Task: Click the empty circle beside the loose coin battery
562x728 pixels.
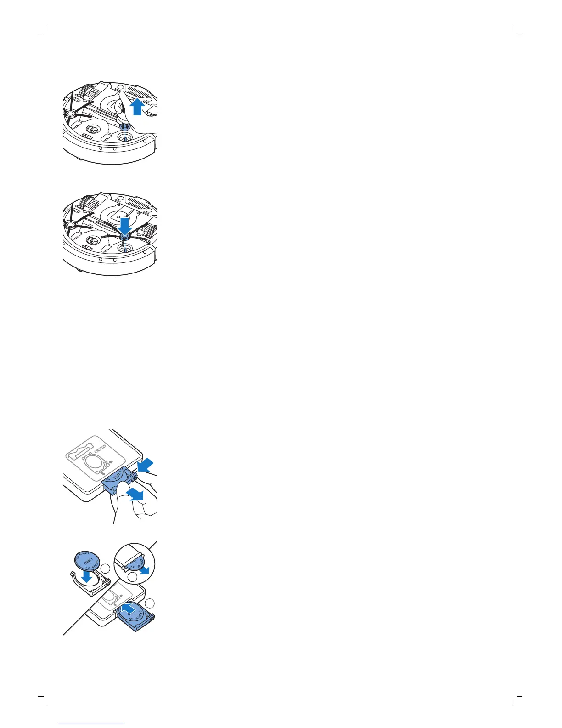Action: [x=106, y=569]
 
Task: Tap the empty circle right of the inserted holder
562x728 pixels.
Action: [x=150, y=603]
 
